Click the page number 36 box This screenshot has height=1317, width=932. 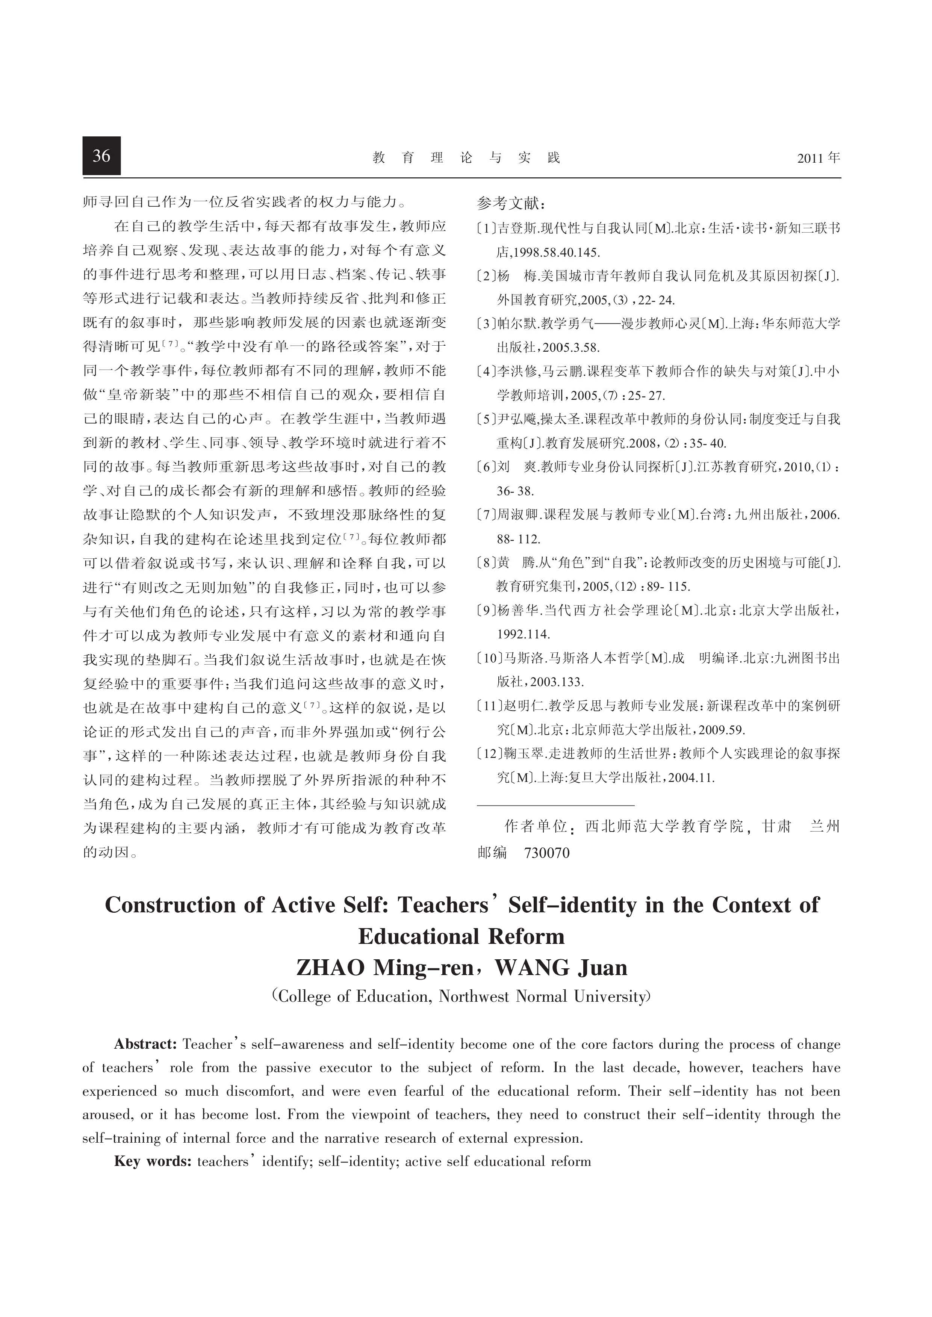(101, 156)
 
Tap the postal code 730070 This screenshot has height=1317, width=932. (547, 853)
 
